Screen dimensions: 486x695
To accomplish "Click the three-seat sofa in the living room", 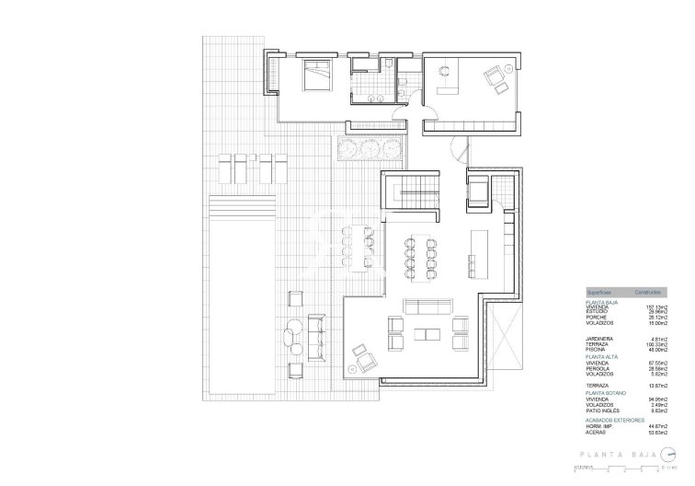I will point(430,307).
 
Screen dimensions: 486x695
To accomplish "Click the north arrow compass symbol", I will point(677,453).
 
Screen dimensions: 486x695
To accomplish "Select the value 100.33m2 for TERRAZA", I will point(655,343).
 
